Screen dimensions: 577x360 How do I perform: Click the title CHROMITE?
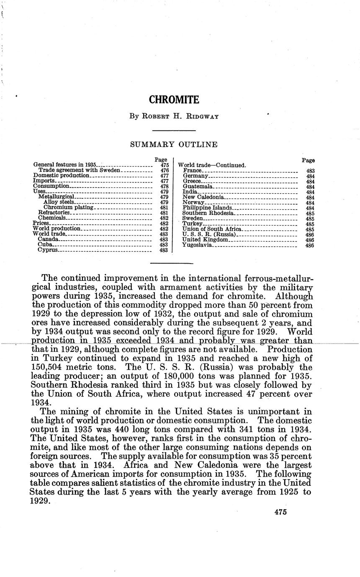(x=174, y=100)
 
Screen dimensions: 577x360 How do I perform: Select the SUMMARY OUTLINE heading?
(x=174, y=145)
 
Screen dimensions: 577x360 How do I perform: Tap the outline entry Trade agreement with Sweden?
(x=80, y=170)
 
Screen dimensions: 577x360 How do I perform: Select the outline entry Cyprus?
(x=48, y=250)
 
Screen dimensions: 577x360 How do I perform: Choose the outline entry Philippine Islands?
(x=207, y=208)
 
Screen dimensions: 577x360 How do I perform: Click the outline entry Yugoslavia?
(x=197, y=245)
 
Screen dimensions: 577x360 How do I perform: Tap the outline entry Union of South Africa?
(x=212, y=229)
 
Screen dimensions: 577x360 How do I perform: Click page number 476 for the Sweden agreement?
(x=164, y=170)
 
